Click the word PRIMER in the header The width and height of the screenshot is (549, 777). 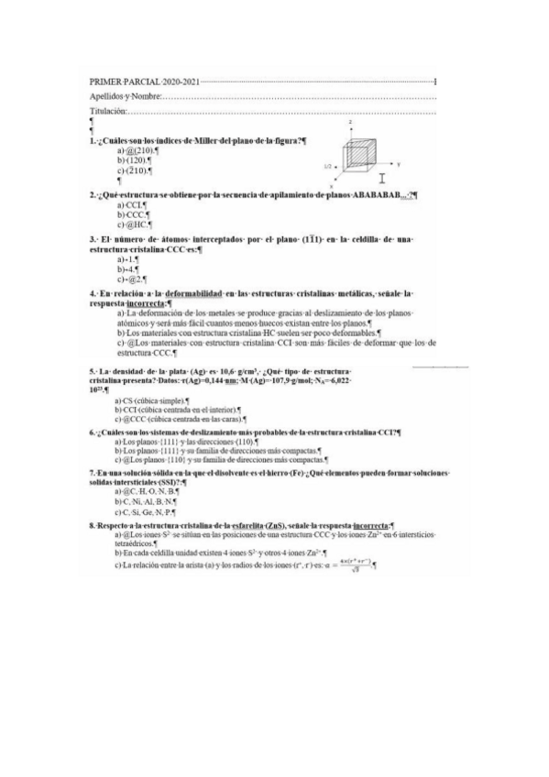tap(108, 82)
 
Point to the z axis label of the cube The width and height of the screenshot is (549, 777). tap(350, 121)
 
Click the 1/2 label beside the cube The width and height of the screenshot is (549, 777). tap(328, 166)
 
